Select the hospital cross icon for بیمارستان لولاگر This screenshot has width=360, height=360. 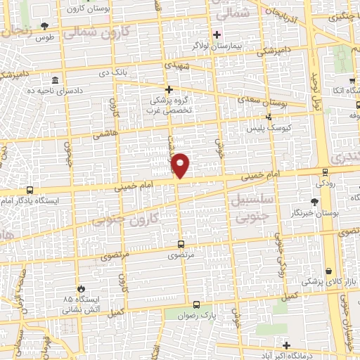[x=217, y=34]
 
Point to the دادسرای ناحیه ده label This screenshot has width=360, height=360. [x=52, y=91]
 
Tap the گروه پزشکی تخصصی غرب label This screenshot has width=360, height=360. [x=169, y=104]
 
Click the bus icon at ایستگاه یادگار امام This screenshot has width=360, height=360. [x=30, y=190]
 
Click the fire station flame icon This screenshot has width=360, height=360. [x=82, y=288]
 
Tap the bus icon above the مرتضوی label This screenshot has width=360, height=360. [x=181, y=245]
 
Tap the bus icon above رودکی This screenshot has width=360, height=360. [x=324, y=171]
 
